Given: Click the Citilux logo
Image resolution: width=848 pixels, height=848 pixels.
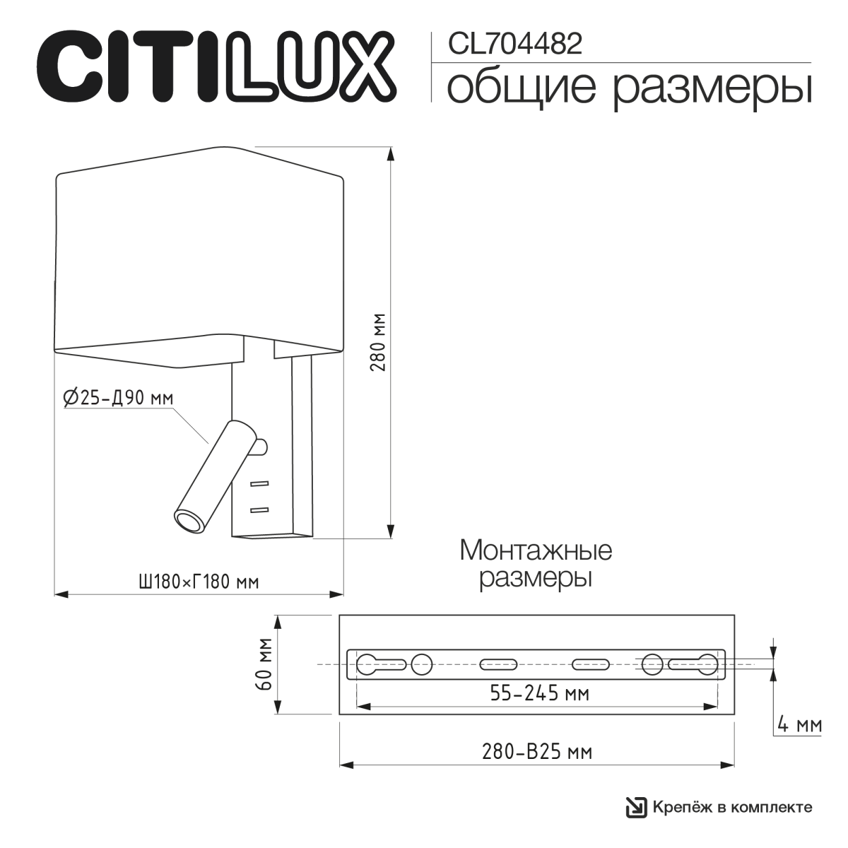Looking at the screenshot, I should point(216,65).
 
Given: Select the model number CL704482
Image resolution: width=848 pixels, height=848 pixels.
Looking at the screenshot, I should point(515,45).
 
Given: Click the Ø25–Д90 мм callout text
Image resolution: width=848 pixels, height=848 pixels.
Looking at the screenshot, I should point(118,399).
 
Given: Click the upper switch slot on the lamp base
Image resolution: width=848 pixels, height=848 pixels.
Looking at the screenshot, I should point(259,484).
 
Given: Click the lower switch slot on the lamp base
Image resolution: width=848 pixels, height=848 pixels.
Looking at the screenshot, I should point(259,509).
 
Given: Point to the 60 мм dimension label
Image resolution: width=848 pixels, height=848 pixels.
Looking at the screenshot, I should point(263,665).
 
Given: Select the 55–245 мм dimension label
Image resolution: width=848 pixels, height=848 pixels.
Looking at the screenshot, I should point(539,694).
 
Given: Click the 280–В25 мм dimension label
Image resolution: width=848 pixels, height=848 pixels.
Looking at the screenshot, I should point(537,752).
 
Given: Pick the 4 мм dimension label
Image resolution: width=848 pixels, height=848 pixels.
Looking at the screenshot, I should point(799,725).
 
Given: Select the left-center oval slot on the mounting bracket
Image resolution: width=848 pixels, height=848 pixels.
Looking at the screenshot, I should point(498,664).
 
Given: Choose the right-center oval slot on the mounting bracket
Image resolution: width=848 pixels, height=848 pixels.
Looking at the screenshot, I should point(590,664).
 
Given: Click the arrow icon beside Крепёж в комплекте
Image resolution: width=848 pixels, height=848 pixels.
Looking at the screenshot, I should point(636,807).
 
